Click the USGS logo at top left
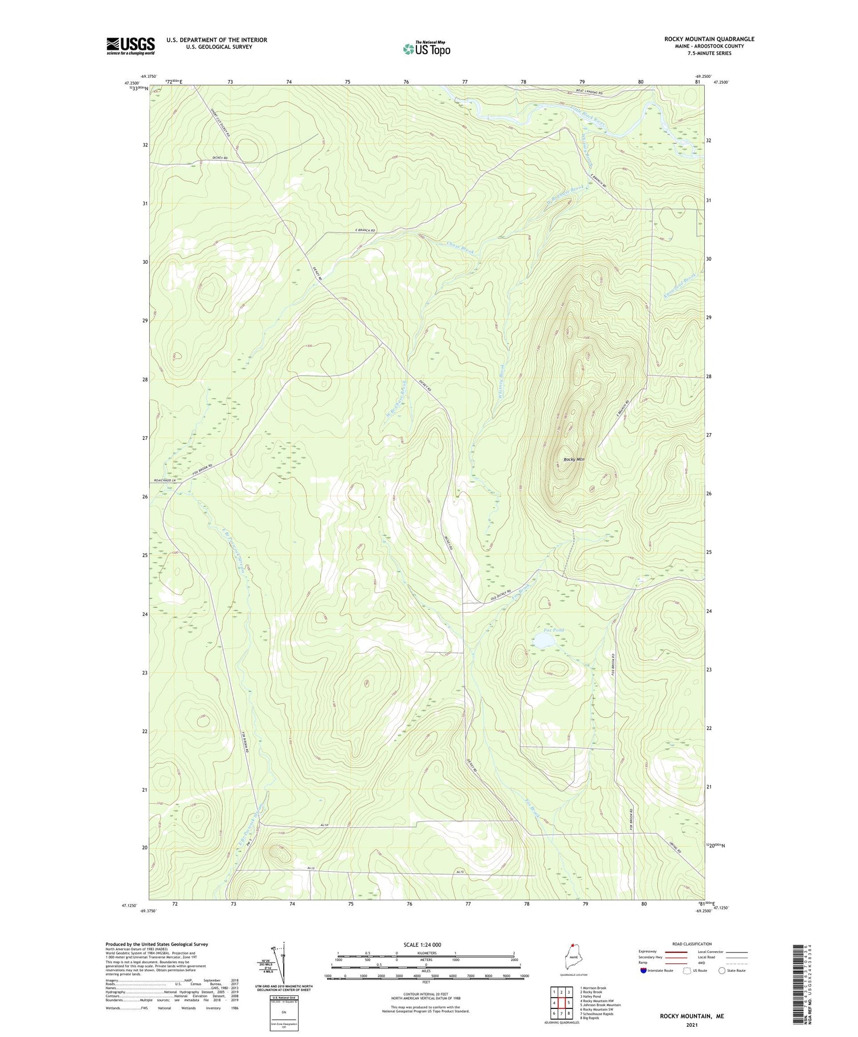tap(130, 46)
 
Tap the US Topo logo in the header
tap(426, 49)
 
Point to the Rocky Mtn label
tap(573, 459)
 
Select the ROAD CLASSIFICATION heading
tap(692, 944)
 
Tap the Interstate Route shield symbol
tap(643, 970)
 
